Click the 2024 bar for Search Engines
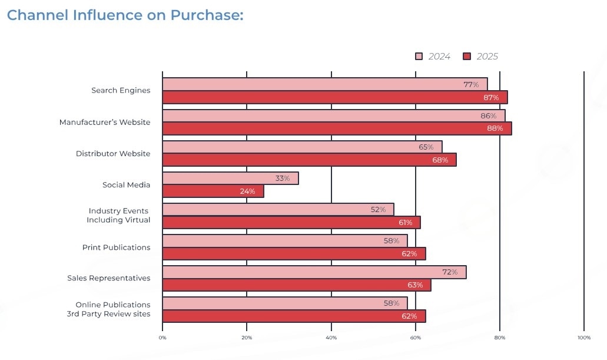324,84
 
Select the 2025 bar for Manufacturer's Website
336,128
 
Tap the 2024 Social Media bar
230,178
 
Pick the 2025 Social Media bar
212,191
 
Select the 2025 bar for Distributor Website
309,160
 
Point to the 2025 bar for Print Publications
293,253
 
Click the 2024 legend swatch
419,57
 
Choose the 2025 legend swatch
467,57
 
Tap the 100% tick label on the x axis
583,338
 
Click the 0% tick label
162,338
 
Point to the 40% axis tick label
331,338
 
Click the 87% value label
492,97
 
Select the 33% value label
283,178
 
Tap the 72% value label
450,272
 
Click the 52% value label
378,209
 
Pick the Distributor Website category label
113,154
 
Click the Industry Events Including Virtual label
119,216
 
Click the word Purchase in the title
207,15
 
